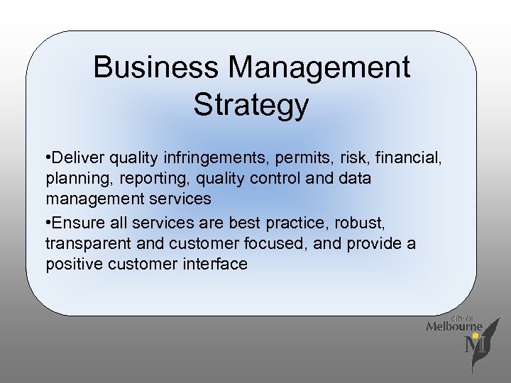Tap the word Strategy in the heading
(x=251, y=105)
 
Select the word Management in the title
(x=319, y=68)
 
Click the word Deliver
(x=77, y=156)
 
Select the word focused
(x=282, y=243)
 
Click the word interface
(x=213, y=265)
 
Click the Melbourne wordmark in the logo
(x=454, y=326)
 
